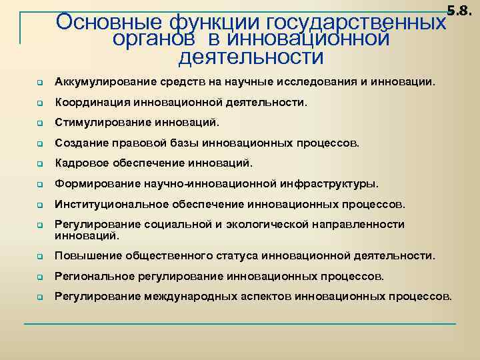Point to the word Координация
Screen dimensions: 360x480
point(93,103)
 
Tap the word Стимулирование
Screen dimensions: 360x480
point(100,123)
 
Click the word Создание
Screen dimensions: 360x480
point(81,143)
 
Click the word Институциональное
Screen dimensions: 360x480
point(111,203)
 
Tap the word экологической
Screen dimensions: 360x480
point(285,224)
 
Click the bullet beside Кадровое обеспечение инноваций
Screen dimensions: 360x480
point(40,164)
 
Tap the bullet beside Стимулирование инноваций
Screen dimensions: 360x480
point(40,124)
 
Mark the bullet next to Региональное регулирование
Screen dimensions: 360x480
point(40,276)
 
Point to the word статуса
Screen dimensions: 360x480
point(238,255)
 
